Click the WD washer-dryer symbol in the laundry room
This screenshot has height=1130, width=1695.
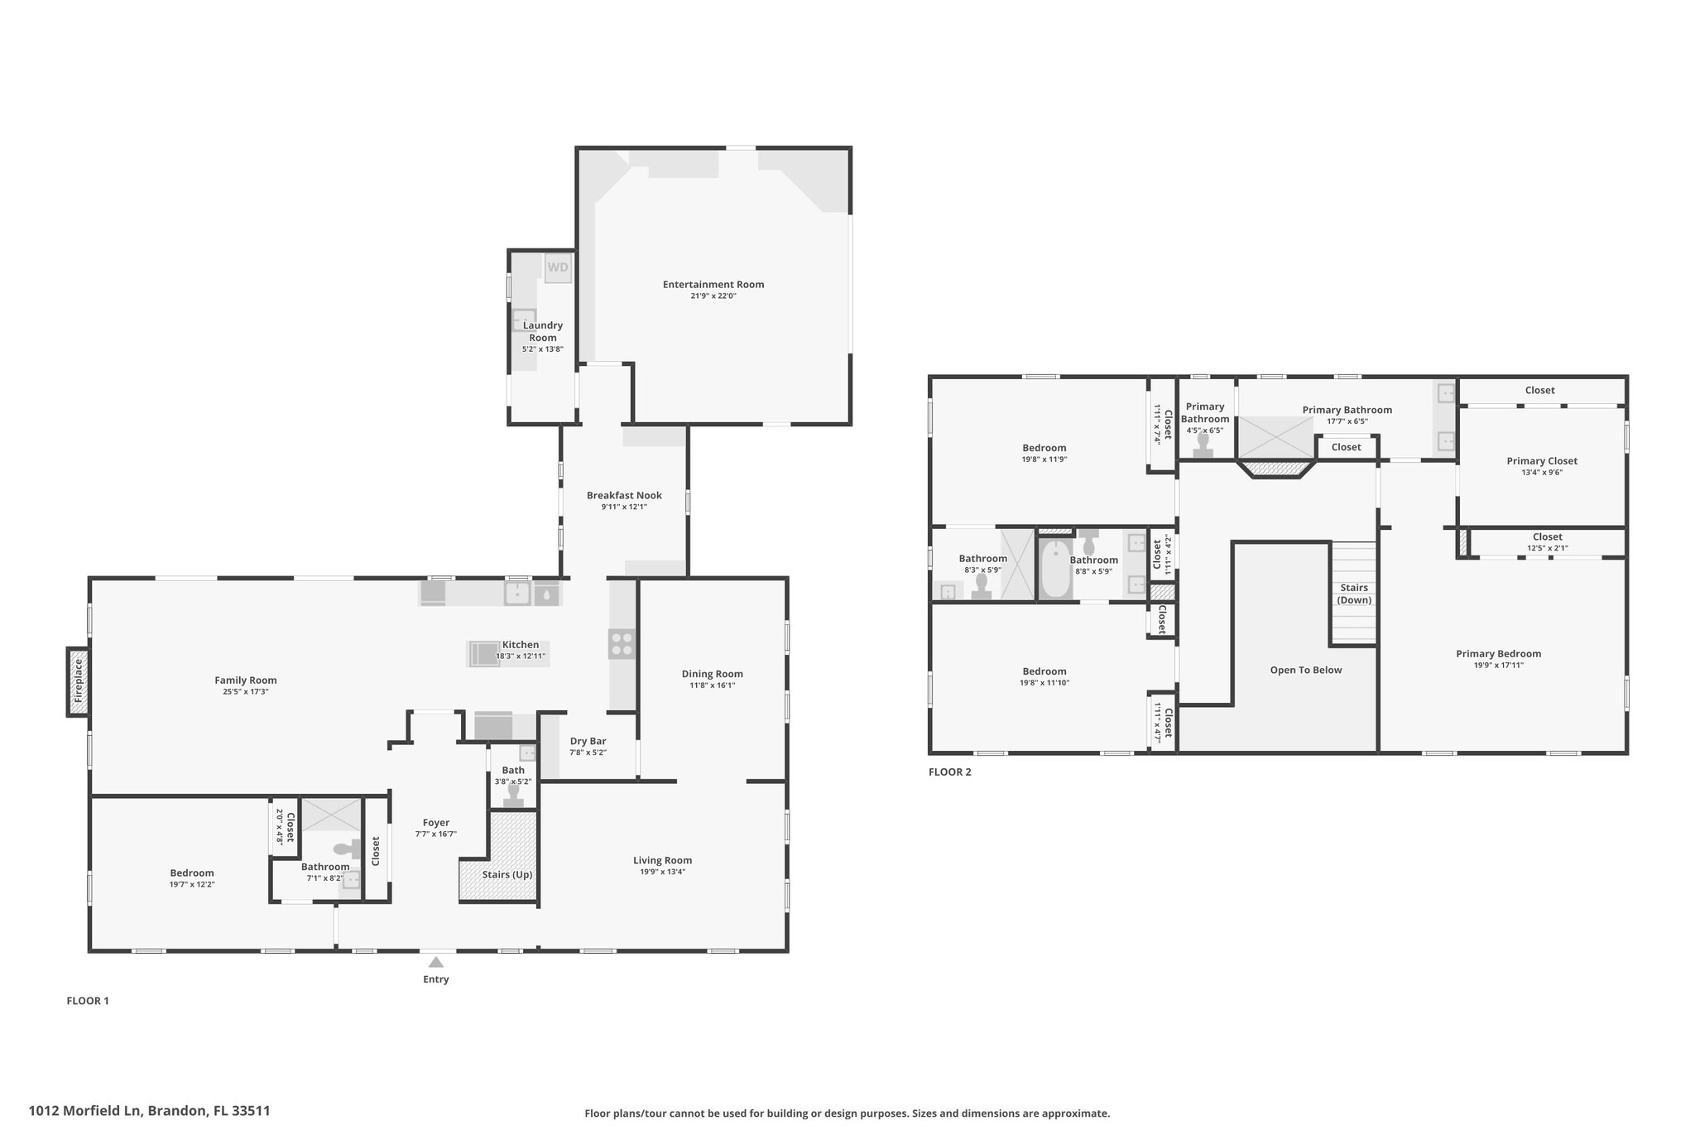[558, 267]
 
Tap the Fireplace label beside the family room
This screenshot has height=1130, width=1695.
[79, 681]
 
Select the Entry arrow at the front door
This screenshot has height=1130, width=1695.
[436, 962]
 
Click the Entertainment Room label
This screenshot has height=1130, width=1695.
[713, 285]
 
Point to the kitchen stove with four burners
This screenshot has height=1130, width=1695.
[622, 644]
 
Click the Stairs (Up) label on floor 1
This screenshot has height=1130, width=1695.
[507, 874]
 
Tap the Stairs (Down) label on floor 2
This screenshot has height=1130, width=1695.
[1354, 594]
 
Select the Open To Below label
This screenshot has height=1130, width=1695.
[1306, 670]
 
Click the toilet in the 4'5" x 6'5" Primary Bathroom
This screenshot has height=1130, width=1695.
[1203, 445]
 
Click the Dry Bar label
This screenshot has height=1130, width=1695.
[588, 742]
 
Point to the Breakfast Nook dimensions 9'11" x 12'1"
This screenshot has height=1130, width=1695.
[624, 507]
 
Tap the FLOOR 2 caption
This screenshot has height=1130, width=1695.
[950, 772]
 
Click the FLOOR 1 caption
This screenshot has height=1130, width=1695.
[88, 1001]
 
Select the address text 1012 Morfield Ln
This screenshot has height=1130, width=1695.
[87, 1111]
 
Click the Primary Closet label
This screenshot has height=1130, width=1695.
[1542, 461]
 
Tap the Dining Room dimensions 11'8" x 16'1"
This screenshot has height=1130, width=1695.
[712, 685]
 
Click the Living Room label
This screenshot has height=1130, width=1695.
[662, 860]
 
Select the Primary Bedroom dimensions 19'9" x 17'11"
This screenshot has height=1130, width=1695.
[1499, 665]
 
